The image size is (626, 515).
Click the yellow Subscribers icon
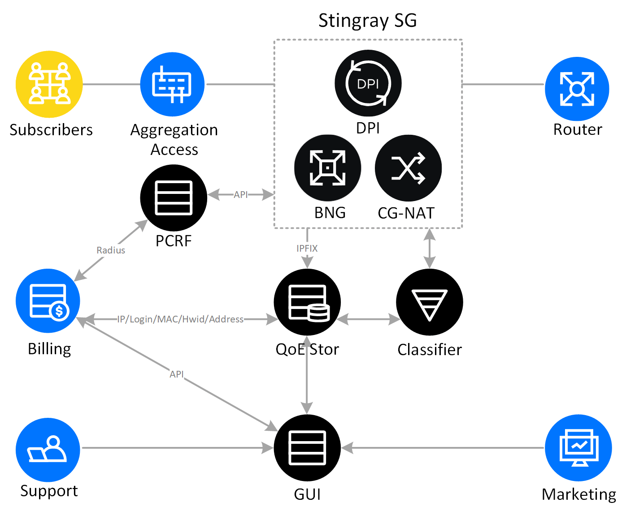point(49,84)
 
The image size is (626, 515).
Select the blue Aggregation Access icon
point(172,84)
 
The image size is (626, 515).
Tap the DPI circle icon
point(368,83)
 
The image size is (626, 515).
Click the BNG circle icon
point(327,168)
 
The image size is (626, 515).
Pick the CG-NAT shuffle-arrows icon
point(408,168)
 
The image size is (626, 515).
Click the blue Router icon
point(577,89)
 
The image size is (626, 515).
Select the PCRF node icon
point(174,197)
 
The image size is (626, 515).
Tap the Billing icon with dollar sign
point(48,301)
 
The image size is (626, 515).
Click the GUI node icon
point(307,448)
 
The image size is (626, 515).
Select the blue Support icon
point(48,450)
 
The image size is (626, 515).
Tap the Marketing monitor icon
point(578,447)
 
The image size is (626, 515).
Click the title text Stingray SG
point(367,21)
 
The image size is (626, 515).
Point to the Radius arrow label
point(111,250)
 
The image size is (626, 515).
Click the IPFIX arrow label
point(307,248)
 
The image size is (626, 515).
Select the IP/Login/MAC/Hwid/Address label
point(180,319)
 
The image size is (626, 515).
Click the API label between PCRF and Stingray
point(241,195)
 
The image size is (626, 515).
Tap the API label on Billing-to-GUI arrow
point(177,374)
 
